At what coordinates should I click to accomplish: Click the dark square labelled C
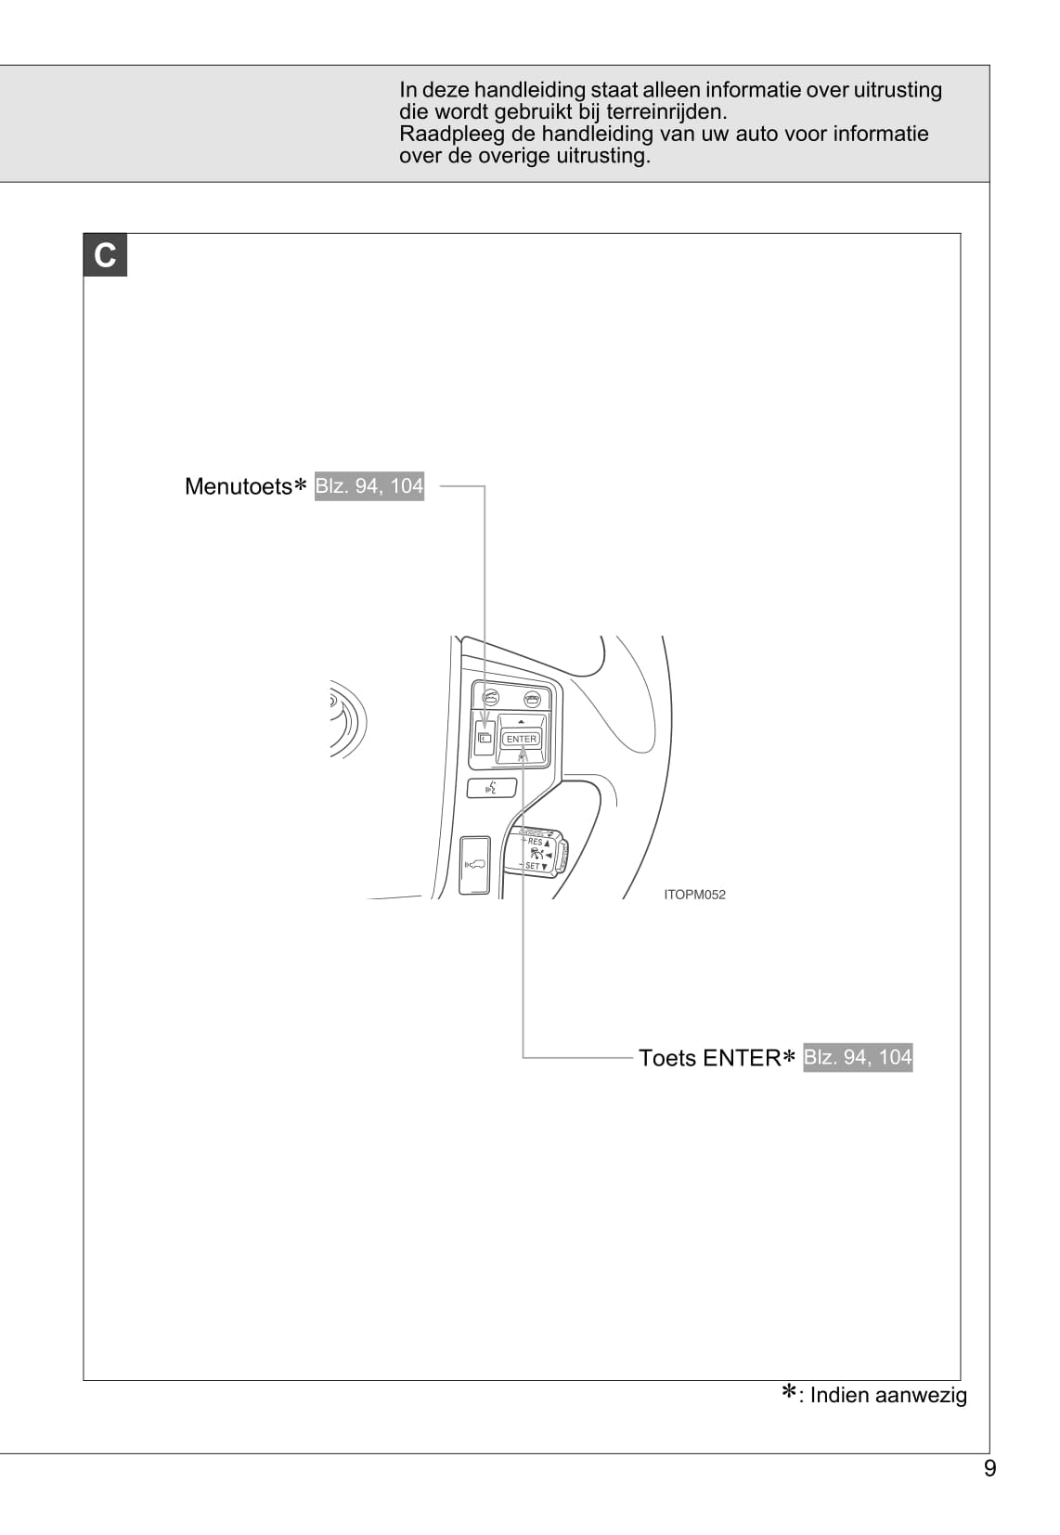[x=105, y=255]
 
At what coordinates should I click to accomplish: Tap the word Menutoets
[x=239, y=486]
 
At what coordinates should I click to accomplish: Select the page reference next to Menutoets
[x=369, y=486]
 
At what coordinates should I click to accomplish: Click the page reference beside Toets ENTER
[x=857, y=1057]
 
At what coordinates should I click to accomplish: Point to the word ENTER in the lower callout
[x=742, y=1057]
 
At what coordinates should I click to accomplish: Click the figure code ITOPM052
[x=694, y=895]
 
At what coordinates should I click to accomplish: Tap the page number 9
[x=989, y=1468]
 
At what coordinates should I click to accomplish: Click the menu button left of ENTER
[x=485, y=738]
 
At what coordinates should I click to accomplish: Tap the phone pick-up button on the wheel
[x=491, y=698]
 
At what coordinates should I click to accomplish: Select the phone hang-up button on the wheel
[x=533, y=699]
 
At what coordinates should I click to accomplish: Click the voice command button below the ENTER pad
[x=491, y=788]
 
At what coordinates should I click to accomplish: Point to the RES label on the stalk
[x=536, y=842]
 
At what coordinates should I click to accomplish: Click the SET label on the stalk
[x=533, y=866]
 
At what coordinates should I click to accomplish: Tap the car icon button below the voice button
[x=475, y=865]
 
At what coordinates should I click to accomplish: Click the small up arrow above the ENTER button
[x=521, y=722]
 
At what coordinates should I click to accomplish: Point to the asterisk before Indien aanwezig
[x=789, y=1392]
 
